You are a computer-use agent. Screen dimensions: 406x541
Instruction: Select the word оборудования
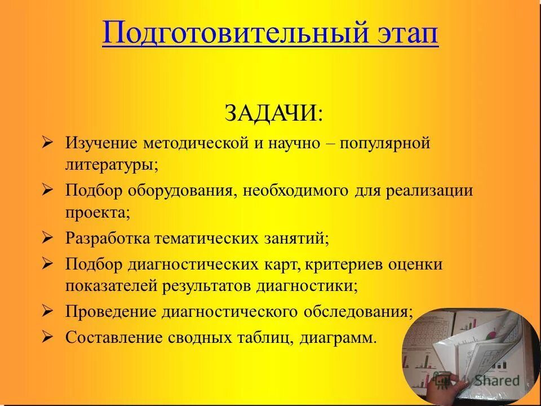click(x=184, y=190)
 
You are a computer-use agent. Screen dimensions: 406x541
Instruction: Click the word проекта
click(x=97, y=213)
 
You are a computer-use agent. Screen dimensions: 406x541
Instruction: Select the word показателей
click(x=111, y=286)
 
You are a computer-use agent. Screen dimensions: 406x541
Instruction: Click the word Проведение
click(x=110, y=311)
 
